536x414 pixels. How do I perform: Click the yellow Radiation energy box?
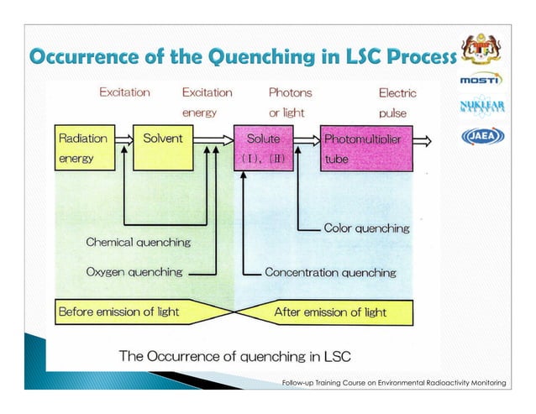(x=81, y=148)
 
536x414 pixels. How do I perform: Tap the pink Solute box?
(x=264, y=148)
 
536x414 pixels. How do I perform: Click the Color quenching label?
(x=366, y=228)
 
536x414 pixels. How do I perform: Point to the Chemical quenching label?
(x=138, y=242)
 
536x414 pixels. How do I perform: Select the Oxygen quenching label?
(x=134, y=272)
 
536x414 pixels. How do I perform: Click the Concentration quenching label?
(x=330, y=272)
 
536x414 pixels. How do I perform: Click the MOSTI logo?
(x=481, y=80)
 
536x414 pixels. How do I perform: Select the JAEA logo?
(x=481, y=137)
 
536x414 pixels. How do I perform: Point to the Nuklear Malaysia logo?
(x=481, y=107)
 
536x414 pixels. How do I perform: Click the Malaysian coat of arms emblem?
(x=481, y=45)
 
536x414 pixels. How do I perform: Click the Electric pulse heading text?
(x=397, y=101)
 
